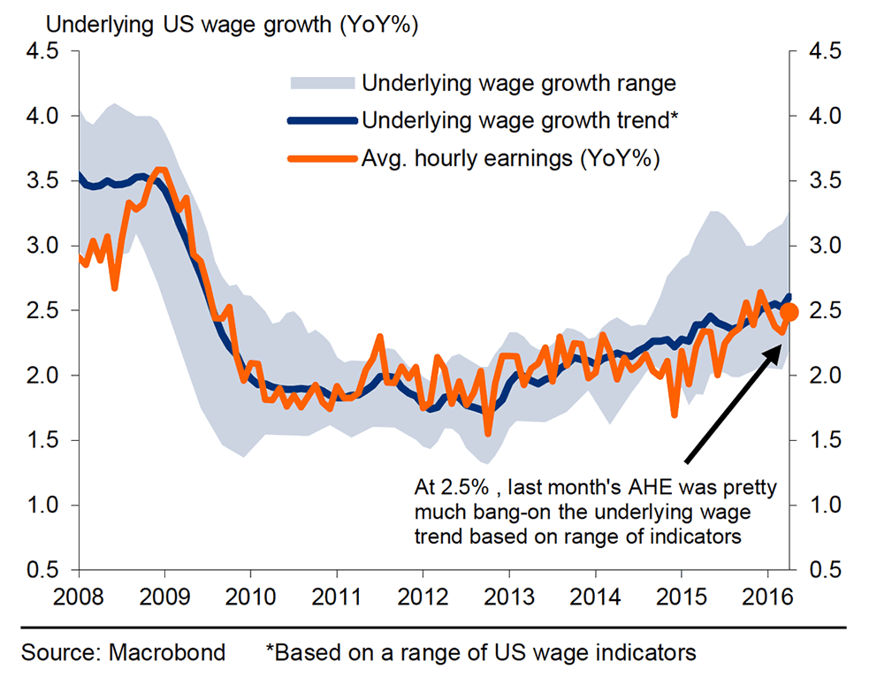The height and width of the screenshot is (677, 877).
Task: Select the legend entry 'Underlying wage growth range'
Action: click(518, 84)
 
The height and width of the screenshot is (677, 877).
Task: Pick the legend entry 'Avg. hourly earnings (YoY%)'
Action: click(511, 158)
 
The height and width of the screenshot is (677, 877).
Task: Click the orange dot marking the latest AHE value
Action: click(790, 312)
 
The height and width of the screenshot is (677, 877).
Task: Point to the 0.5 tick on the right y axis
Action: click(826, 570)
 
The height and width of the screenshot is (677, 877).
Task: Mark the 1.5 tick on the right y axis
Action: click(826, 440)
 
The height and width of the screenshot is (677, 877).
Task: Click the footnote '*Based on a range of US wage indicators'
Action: click(481, 653)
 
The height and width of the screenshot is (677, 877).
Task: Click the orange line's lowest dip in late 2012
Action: click(487, 433)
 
